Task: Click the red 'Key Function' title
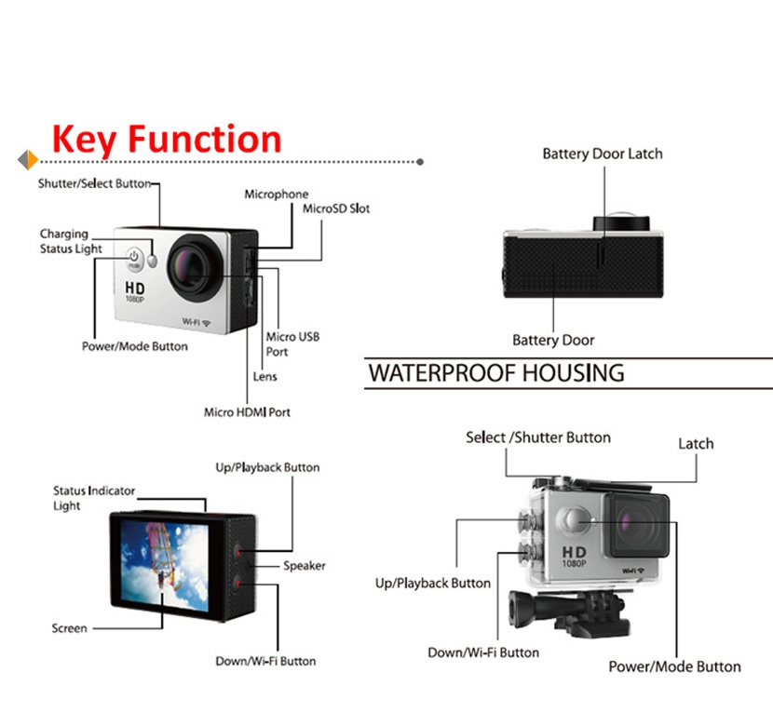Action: (x=167, y=139)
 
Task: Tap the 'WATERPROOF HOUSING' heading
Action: (x=496, y=373)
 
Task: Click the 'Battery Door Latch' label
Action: (x=603, y=154)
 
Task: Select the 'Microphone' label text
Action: (x=277, y=195)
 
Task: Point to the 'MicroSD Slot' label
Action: (x=336, y=208)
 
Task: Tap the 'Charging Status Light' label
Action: (x=70, y=241)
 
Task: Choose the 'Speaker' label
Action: (x=305, y=565)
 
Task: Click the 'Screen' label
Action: (x=69, y=628)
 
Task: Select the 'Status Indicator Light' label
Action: (x=93, y=498)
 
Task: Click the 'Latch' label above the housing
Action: (x=696, y=444)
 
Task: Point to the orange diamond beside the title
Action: (x=28, y=160)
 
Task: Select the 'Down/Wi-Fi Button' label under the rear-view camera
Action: (x=265, y=661)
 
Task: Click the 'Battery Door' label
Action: (x=553, y=340)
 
